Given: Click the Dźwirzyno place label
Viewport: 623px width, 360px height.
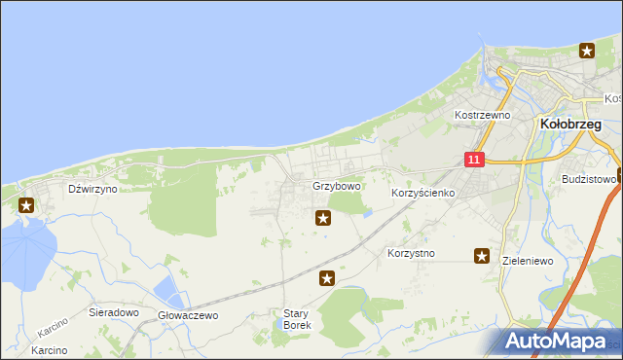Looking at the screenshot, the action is pos(92,189).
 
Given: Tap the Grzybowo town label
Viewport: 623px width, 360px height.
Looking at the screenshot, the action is pos(337,186).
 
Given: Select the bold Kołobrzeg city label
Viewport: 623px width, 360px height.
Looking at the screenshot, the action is pos(574,124).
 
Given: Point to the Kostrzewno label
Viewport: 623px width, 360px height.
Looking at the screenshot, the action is pos(483,114).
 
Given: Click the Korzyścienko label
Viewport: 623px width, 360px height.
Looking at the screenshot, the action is pos(423,193).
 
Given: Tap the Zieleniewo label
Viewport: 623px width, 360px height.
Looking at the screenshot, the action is pos(532,261).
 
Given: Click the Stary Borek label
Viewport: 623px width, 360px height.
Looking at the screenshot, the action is pos(296,319).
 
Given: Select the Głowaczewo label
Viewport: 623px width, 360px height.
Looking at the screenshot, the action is pos(188,315).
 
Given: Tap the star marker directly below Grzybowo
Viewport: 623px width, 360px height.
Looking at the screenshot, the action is pos(322,219).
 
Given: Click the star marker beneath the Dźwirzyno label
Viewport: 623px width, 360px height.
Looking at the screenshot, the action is pos(25,205).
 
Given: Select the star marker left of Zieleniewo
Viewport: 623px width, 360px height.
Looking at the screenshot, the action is pos(482,256).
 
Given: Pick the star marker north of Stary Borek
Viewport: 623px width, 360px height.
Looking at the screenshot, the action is pos(328,278).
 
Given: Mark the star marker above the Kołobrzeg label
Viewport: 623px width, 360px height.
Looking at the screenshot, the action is pos(587,51).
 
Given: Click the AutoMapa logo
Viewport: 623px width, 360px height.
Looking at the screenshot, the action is pos(556,342).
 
